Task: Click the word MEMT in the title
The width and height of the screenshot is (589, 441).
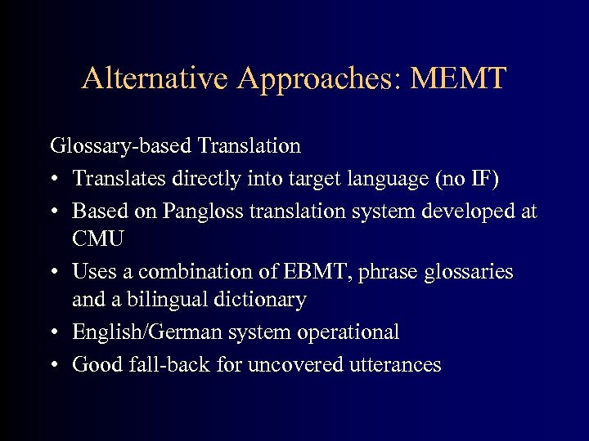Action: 460,78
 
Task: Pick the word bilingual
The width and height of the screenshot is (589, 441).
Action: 153,300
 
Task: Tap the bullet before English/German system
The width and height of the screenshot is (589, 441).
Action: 54,333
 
